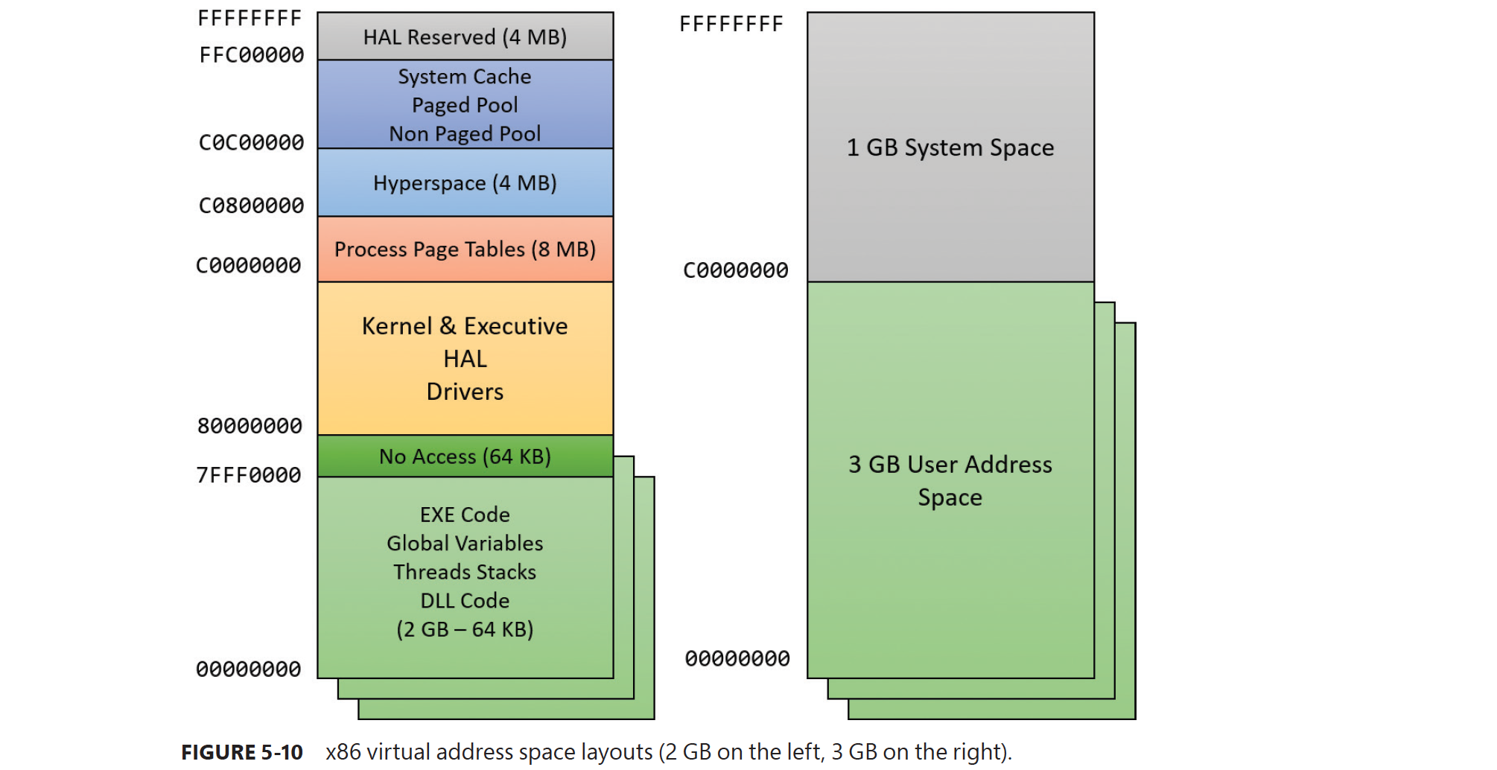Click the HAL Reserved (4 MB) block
[465, 36]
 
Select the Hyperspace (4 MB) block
[465, 182]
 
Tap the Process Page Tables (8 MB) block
[465, 249]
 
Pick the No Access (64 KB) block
[465, 456]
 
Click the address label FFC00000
[252, 55]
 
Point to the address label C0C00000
[252, 142]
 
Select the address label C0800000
[252, 206]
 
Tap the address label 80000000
[250, 426]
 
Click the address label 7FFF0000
[249, 475]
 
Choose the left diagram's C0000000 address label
[249, 265]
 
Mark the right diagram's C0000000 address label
[736, 270]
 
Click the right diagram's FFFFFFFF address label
[731, 25]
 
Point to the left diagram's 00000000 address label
[249, 669]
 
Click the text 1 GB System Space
[950, 147]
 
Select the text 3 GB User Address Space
[950, 480]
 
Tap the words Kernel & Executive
[465, 326]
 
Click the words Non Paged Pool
[465, 134]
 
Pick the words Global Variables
[465, 544]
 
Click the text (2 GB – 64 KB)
[465, 629]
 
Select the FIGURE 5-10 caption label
[242, 752]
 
